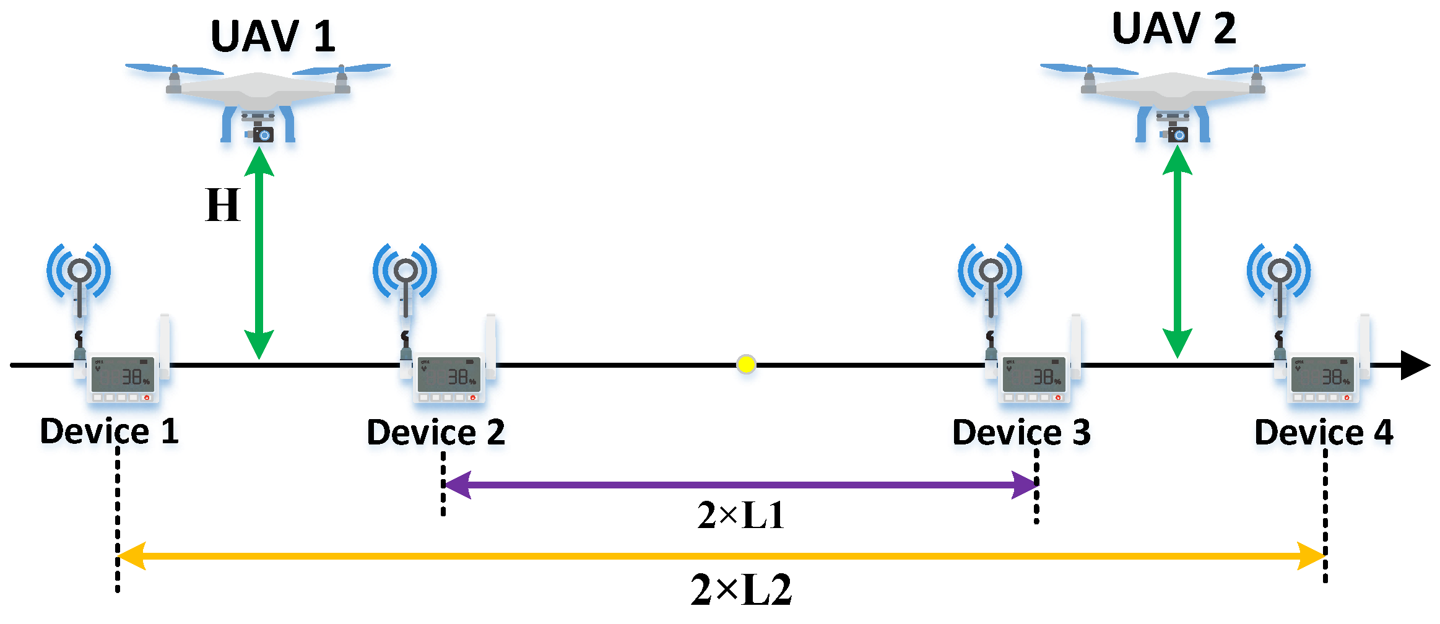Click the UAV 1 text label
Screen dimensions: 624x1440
point(273,37)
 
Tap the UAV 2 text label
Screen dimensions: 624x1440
point(1174,28)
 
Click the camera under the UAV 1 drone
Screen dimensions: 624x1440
point(263,134)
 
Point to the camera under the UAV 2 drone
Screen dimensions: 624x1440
point(1178,134)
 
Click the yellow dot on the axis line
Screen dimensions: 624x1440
point(746,364)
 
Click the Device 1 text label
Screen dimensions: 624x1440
point(110,431)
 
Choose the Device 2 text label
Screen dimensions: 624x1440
point(436,433)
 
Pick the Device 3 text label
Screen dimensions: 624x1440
point(1021,433)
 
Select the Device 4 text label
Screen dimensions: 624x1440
point(1324,433)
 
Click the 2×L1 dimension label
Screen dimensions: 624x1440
point(740,515)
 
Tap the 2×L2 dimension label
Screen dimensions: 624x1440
point(741,589)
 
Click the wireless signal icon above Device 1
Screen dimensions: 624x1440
point(79,271)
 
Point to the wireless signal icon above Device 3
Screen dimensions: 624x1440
point(990,271)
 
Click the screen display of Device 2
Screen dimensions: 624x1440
point(449,375)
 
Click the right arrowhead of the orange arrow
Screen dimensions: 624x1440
point(1311,556)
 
